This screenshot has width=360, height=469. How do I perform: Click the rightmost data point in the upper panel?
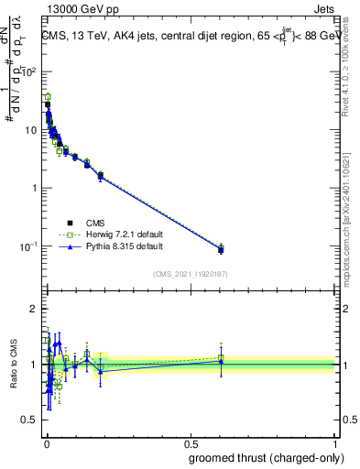(221, 249)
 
